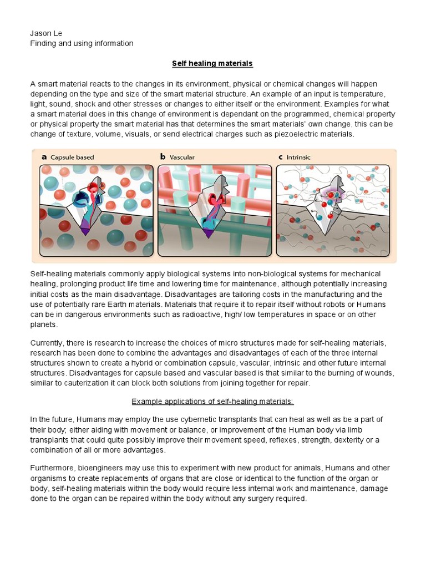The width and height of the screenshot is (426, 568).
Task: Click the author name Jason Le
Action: pyautogui.click(x=45, y=33)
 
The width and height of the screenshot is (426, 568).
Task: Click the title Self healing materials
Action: pyautogui.click(x=212, y=63)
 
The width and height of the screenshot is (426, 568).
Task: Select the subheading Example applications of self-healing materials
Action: pyautogui.click(x=212, y=401)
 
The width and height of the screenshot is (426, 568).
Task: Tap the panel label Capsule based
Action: pyautogui.click(x=73, y=158)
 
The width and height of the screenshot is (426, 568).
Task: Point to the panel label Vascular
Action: pyautogui.click(x=182, y=158)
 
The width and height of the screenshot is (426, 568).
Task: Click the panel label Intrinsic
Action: pyautogui.click(x=298, y=158)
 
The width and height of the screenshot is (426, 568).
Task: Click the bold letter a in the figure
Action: pyautogui.click(x=44, y=158)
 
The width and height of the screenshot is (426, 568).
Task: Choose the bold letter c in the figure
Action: pyautogui.click(x=281, y=158)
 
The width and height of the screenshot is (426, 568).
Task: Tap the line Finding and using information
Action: pyautogui.click(x=82, y=43)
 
